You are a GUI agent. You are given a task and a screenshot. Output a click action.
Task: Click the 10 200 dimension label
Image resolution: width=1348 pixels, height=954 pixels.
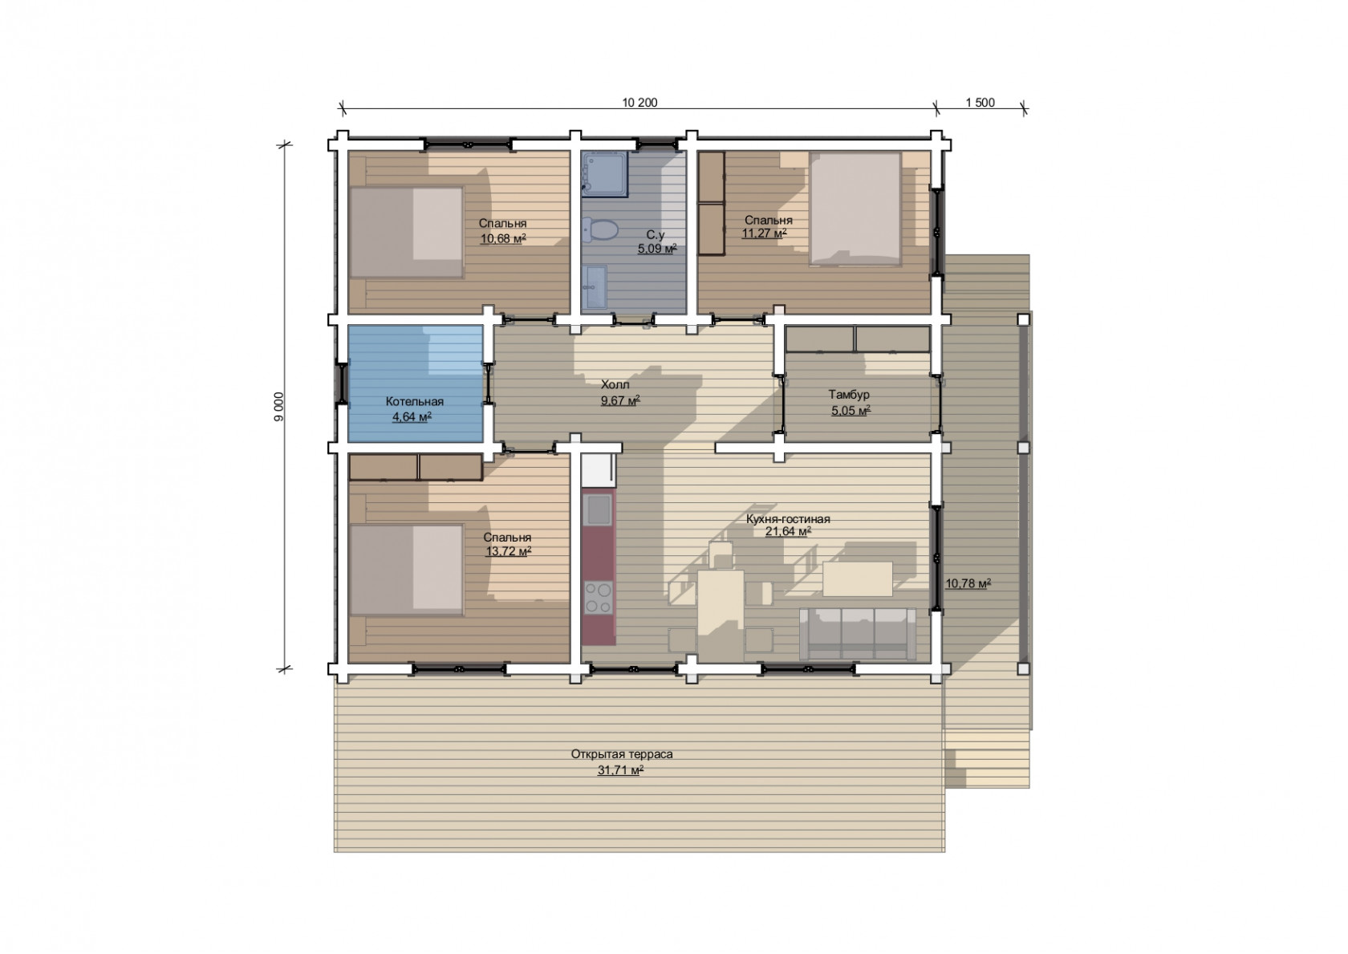pyautogui.click(x=639, y=103)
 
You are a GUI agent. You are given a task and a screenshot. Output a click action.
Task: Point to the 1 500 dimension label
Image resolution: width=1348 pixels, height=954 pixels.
pyautogui.click(x=981, y=103)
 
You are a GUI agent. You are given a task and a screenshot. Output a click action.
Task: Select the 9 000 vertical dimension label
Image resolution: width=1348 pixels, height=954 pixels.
pyautogui.click(x=278, y=407)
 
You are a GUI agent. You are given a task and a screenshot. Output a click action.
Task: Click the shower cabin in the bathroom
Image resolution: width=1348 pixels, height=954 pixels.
pyautogui.click(x=605, y=174)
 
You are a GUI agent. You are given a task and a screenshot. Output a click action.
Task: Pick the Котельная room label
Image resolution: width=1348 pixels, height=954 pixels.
pyautogui.click(x=415, y=401)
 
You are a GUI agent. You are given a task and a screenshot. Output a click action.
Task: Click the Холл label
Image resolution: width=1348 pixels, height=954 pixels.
pyautogui.click(x=615, y=384)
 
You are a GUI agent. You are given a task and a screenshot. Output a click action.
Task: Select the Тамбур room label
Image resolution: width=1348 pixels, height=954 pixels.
pyautogui.click(x=849, y=395)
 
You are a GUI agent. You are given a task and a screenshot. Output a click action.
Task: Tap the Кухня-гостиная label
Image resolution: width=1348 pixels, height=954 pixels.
pyautogui.click(x=788, y=519)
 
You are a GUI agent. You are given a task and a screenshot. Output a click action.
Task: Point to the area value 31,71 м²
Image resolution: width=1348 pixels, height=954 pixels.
pyautogui.click(x=620, y=769)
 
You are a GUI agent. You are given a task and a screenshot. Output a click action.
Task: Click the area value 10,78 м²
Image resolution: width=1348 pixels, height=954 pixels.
pyautogui.click(x=968, y=583)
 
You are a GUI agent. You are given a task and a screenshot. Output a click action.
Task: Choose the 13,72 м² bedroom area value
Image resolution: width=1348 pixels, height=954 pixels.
pyautogui.click(x=509, y=550)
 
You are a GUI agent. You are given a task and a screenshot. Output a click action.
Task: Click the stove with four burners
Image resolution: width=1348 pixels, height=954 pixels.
pyautogui.click(x=599, y=597)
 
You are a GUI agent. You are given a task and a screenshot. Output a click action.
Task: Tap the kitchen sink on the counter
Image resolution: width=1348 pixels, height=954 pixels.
pyautogui.click(x=599, y=509)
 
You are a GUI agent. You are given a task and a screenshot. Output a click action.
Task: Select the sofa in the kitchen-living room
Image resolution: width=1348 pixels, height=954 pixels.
pyautogui.click(x=858, y=634)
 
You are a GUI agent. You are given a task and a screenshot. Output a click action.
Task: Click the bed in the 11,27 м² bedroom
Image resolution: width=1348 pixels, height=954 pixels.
pyautogui.click(x=855, y=209)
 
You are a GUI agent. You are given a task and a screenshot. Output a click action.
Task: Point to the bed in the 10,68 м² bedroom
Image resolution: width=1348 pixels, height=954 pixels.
pyautogui.click(x=406, y=233)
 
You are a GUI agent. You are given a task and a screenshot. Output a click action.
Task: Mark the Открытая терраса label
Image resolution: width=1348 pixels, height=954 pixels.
pyautogui.click(x=622, y=754)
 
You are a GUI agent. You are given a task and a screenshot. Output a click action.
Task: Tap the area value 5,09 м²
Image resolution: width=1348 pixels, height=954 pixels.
pyautogui.click(x=657, y=248)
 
